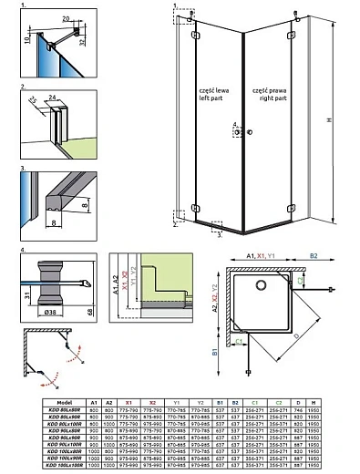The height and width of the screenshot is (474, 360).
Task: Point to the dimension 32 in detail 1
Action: click(x=84, y=40)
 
